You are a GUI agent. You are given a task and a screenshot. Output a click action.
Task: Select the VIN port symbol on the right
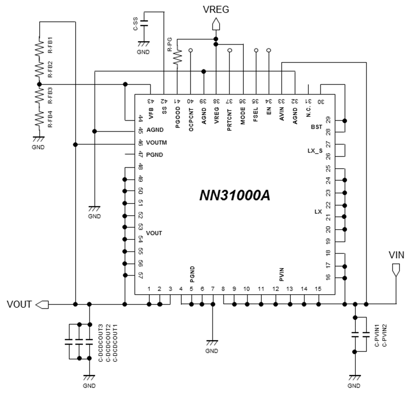click(397, 270)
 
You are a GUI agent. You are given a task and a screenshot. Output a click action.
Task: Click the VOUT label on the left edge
click(19, 304)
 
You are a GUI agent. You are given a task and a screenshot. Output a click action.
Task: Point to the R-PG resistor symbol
click(178, 58)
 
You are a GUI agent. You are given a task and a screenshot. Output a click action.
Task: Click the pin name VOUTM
click(156, 143)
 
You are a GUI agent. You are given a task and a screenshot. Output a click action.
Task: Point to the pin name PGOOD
click(178, 119)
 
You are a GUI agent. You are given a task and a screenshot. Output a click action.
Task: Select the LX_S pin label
click(315, 151)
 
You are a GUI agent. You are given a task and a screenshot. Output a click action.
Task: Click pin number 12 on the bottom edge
click(275, 289)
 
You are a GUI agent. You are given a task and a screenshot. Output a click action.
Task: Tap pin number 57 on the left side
click(141, 276)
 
